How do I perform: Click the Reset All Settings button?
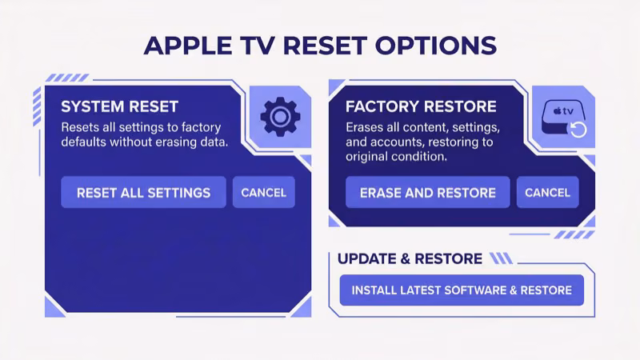[x=143, y=192]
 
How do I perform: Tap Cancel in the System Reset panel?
[x=263, y=192]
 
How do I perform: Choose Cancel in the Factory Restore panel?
[x=547, y=192]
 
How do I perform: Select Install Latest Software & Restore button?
[x=462, y=290]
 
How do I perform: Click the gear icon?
[x=280, y=117]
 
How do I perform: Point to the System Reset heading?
[x=120, y=106]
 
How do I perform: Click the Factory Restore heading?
[x=421, y=106]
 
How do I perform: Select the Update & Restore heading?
[x=410, y=258]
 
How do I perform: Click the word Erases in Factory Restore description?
[x=366, y=127]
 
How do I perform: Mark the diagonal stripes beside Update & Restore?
[x=501, y=258]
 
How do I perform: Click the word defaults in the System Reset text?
[x=86, y=142]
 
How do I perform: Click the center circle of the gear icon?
[x=280, y=117]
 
